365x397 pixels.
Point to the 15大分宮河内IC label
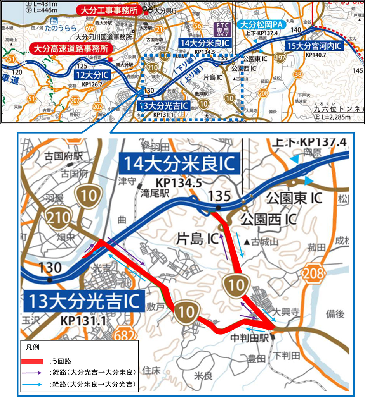[x=314, y=46]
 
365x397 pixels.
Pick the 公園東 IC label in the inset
[x=294, y=199]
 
